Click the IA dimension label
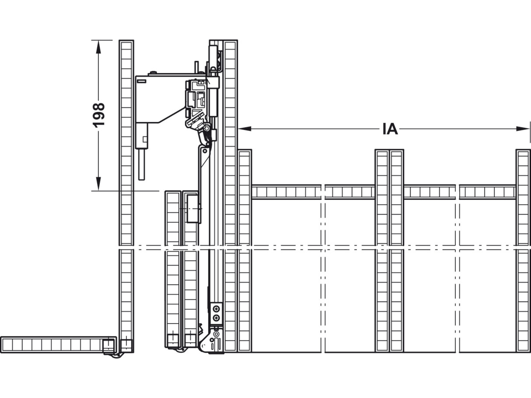390,129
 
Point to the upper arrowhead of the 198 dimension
98,47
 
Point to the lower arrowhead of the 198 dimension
98,184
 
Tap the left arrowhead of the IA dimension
245,129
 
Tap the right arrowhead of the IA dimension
523,129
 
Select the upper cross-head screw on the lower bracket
216,309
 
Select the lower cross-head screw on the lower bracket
216,318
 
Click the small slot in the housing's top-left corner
141,81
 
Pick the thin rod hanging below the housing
142,164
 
